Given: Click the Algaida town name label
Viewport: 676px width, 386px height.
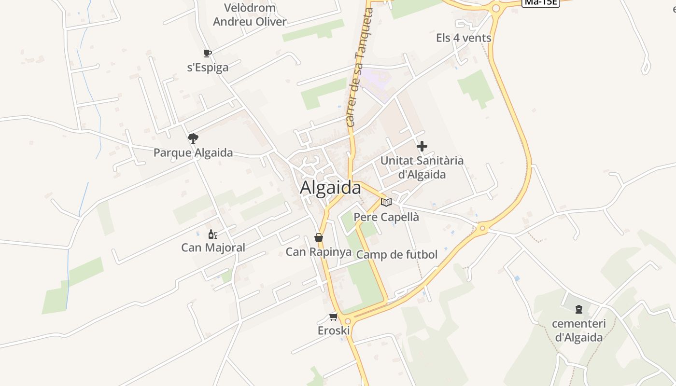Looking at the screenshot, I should [x=330, y=188].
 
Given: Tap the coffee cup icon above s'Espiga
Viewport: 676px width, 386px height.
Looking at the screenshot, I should [x=207, y=53].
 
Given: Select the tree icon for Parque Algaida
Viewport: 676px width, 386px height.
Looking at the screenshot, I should [x=193, y=138].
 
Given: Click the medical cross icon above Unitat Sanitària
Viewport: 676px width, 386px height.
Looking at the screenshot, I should [x=422, y=146].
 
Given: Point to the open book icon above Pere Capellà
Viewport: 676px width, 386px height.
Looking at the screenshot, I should [x=386, y=202].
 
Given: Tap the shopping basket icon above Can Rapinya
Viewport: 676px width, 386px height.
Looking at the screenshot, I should [x=318, y=237].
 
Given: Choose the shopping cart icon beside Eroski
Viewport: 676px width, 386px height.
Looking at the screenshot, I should [x=333, y=317].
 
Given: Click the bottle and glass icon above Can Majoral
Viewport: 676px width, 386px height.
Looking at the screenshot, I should [x=212, y=234].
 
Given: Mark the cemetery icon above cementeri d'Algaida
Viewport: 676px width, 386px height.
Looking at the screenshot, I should [x=579, y=309].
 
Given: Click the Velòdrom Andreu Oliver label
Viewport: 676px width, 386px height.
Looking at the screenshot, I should [x=250, y=15].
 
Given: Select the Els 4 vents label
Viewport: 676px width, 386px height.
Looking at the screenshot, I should [x=464, y=38].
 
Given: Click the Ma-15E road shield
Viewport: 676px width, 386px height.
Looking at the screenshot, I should [x=541, y=2].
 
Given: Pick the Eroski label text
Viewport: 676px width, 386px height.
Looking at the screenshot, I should [x=334, y=331].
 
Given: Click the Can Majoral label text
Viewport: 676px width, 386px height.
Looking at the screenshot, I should [x=213, y=248].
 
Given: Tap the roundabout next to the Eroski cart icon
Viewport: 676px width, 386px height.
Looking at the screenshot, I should [x=348, y=321].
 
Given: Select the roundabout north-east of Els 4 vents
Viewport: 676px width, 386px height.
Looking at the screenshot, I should [x=495, y=8].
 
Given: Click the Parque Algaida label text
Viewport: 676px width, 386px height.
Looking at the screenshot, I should [x=193, y=153].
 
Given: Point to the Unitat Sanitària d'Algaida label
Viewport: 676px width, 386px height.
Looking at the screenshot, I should [x=422, y=167].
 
